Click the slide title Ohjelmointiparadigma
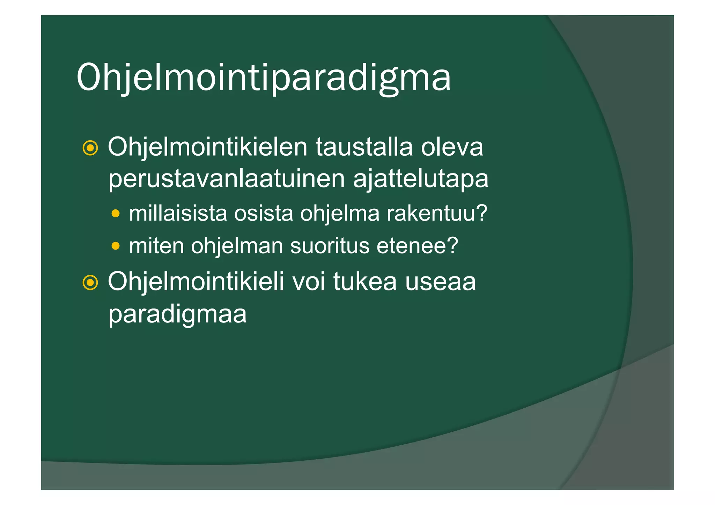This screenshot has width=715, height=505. [x=264, y=77]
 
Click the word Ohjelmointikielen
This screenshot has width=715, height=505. [x=207, y=147]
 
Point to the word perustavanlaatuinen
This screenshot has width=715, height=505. [x=227, y=179]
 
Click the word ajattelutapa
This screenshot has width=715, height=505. [x=420, y=179]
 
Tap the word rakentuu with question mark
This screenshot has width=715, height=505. [x=437, y=213]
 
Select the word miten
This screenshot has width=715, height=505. [x=156, y=246]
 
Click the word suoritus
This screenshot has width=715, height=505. [x=330, y=246]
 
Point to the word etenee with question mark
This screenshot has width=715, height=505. [x=417, y=246]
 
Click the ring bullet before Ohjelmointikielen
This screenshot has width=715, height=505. [x=90, y=148]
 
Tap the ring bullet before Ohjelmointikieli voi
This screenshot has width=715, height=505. [x=90, y=283]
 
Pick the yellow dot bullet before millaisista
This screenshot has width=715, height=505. [x=116, y=213]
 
